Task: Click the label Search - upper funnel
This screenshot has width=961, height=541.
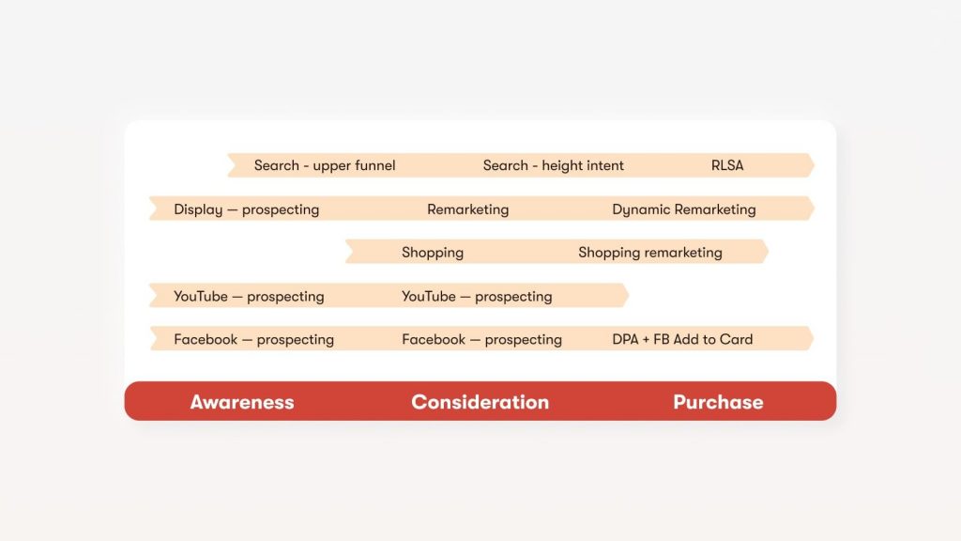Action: [325, 165]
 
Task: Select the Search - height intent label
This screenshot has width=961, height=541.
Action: [553, 165]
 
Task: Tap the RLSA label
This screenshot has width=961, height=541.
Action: [727, 165]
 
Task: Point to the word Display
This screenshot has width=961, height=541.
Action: [198, 209]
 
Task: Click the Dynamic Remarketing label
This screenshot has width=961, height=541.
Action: [684, 209]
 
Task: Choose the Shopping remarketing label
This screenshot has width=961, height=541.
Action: [650, 253]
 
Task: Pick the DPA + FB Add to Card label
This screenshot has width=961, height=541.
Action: [682, 339]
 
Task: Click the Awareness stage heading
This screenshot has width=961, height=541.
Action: [242, 402]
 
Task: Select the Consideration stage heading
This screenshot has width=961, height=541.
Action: [480, 402]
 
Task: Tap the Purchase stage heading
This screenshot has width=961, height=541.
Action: [718, 402]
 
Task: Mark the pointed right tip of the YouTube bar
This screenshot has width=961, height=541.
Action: [629, 295]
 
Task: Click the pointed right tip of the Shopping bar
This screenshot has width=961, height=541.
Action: [768, 252]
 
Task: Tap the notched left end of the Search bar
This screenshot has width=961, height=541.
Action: [236, 165]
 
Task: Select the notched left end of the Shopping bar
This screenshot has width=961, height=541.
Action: [353, 252]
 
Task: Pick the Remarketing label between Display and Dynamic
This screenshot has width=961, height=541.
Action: [467, 209]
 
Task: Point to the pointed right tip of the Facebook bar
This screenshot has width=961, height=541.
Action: [814, 338]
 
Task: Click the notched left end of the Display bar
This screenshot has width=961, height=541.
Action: [157, 208]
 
